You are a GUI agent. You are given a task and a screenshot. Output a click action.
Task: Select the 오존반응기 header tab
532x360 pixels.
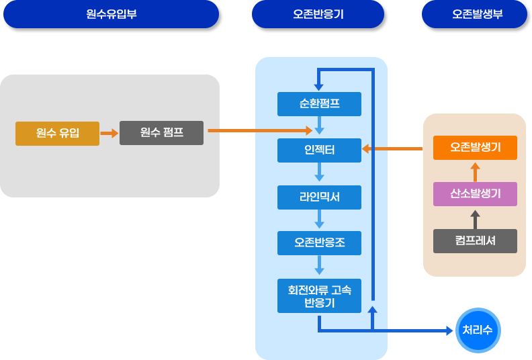point(320,14)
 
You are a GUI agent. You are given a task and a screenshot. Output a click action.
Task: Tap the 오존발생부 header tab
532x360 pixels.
point(474,14)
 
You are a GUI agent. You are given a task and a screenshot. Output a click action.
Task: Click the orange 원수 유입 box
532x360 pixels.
point(57,133)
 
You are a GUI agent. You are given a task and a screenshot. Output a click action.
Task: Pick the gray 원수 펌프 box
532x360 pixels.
point(161,133)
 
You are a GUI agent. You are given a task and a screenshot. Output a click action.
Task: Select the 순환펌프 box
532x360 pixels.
point(319,104)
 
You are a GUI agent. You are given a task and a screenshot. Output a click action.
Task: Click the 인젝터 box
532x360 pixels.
point(319,150)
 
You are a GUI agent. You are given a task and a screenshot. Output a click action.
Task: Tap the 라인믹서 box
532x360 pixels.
point(319,197)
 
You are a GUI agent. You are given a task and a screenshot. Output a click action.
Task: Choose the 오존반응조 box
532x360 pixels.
point(319,242)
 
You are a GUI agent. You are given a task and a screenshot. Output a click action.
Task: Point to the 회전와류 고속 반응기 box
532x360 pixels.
point(319,296)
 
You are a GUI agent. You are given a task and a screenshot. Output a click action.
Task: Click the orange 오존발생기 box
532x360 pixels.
point(475,148)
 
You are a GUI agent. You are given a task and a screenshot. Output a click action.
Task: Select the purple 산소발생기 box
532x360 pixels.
point(475,194)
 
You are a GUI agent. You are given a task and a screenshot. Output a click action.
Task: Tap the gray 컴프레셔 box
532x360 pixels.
point(475,240)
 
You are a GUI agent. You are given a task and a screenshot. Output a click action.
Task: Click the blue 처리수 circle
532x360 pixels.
point(477,330)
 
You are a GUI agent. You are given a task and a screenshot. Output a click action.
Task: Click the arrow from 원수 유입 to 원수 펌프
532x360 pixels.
point(109,133)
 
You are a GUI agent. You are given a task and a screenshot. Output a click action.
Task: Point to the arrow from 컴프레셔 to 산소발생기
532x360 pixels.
point(475,218)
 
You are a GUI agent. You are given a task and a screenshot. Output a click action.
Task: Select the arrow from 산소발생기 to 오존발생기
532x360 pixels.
point(475,171)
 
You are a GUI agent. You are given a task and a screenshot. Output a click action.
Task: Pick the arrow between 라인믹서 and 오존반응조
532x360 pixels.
point(319,220)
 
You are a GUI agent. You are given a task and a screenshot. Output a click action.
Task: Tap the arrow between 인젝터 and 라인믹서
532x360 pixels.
point(319,174)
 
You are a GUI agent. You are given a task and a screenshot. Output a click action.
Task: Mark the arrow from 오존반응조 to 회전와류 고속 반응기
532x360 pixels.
point(319,266)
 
